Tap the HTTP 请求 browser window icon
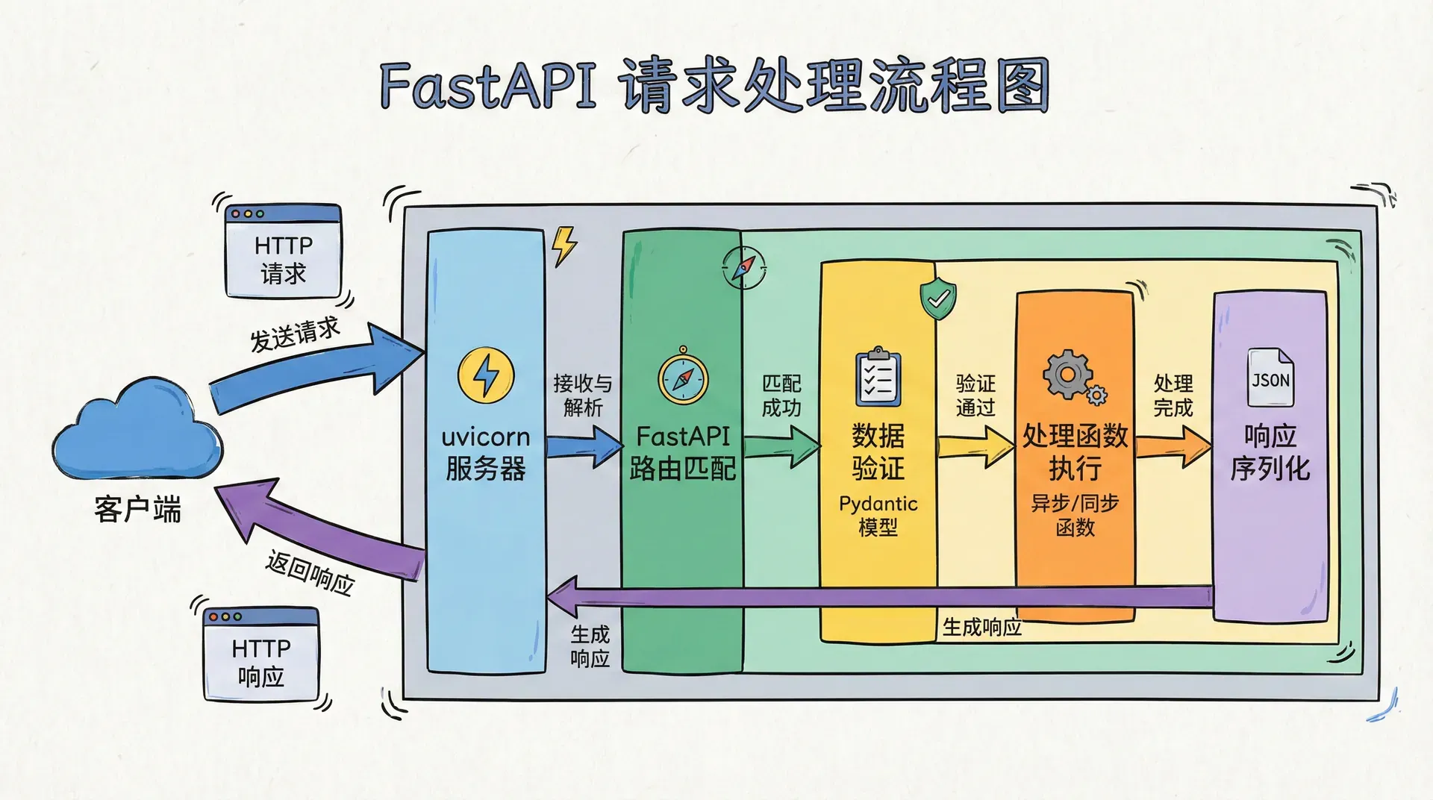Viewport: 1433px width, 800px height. pos(283,251)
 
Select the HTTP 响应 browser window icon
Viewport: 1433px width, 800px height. pos(261,654)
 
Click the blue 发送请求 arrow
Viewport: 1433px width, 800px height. pos(313,370)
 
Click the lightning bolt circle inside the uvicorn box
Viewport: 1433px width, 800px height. pos(486,375)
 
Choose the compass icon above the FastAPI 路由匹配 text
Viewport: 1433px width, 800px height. pos(682,376)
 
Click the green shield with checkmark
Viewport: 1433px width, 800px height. pos(938,298)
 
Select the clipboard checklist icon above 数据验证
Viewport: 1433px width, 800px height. pos(878,378)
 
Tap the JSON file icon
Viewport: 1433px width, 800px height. pos(1270,378)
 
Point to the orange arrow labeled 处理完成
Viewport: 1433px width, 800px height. pos(1173,446)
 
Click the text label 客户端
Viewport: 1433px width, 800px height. pos(137,510)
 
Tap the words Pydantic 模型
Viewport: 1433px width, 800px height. pos(878,516)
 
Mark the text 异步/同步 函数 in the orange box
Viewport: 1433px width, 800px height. pos(1075,516)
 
